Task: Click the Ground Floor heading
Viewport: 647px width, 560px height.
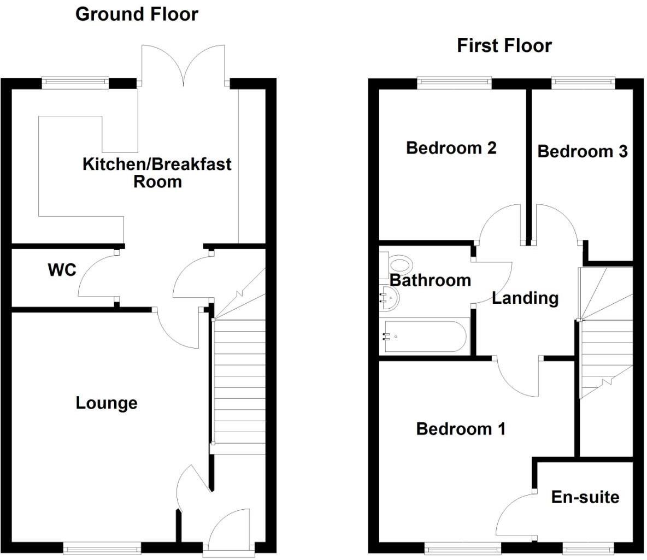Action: (137, 14)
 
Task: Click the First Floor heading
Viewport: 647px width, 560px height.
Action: (504, 46)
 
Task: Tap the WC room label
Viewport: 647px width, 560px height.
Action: (62, 270)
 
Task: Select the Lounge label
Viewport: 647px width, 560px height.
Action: (106, 403)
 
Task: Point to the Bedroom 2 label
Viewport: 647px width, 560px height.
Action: (451, 148)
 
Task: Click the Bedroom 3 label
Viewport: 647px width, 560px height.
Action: (582, 151)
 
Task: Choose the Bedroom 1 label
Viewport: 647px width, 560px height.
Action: (461, 429)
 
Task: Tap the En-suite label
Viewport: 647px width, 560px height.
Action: (585, 497)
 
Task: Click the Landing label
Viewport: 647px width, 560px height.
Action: (525, 298)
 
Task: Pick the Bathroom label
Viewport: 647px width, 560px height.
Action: (431, 280)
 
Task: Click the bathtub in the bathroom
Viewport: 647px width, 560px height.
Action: (425, 337)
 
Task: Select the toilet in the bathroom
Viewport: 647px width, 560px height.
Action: (397, 266)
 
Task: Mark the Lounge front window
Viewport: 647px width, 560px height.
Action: (102, 547)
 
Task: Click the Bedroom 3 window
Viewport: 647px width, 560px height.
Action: (584, 82)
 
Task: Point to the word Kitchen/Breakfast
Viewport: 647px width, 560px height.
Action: (157, 164)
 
